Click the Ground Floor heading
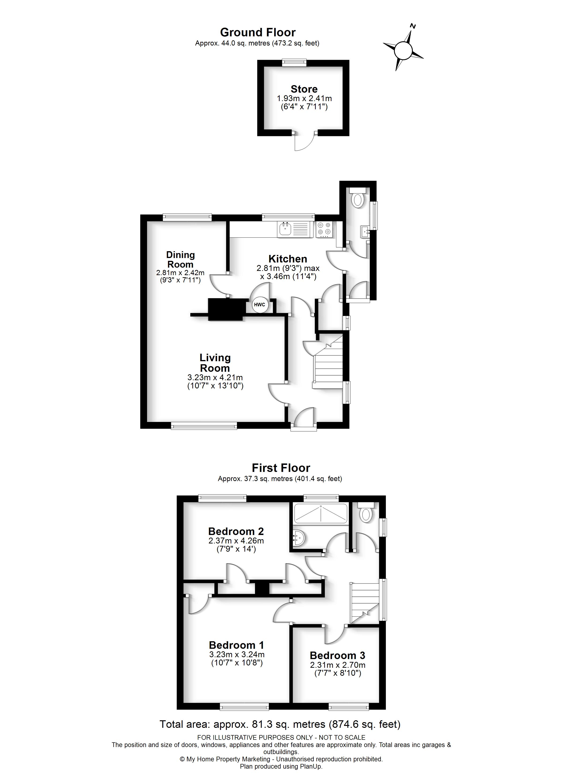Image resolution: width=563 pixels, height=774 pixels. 258,32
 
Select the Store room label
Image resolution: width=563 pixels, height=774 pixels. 304,89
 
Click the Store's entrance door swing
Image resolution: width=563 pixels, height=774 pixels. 304,142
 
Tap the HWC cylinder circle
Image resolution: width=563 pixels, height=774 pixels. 259,304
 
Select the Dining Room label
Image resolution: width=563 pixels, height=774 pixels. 180,259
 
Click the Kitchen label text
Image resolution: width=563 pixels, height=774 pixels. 287,259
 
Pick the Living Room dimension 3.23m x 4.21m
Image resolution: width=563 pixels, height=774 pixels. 215,377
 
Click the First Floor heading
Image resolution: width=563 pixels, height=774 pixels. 281,468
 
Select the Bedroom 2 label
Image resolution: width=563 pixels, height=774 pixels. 236,531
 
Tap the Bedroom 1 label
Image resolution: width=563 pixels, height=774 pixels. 236,645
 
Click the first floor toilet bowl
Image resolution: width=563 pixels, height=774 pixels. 366,515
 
